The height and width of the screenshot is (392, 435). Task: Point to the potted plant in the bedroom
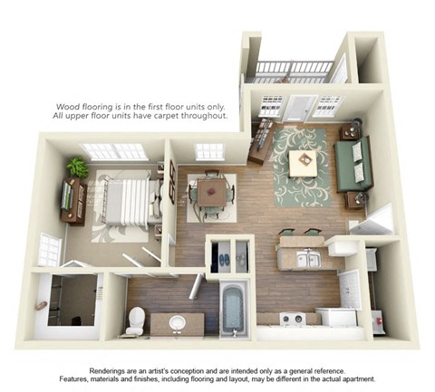point(77,167)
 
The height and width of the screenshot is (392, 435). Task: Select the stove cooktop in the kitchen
point(292,318)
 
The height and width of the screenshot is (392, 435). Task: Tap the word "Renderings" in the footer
point(111,371)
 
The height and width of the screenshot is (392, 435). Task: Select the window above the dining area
point(209,151)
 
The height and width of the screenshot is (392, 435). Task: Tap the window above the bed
point(112,151)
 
